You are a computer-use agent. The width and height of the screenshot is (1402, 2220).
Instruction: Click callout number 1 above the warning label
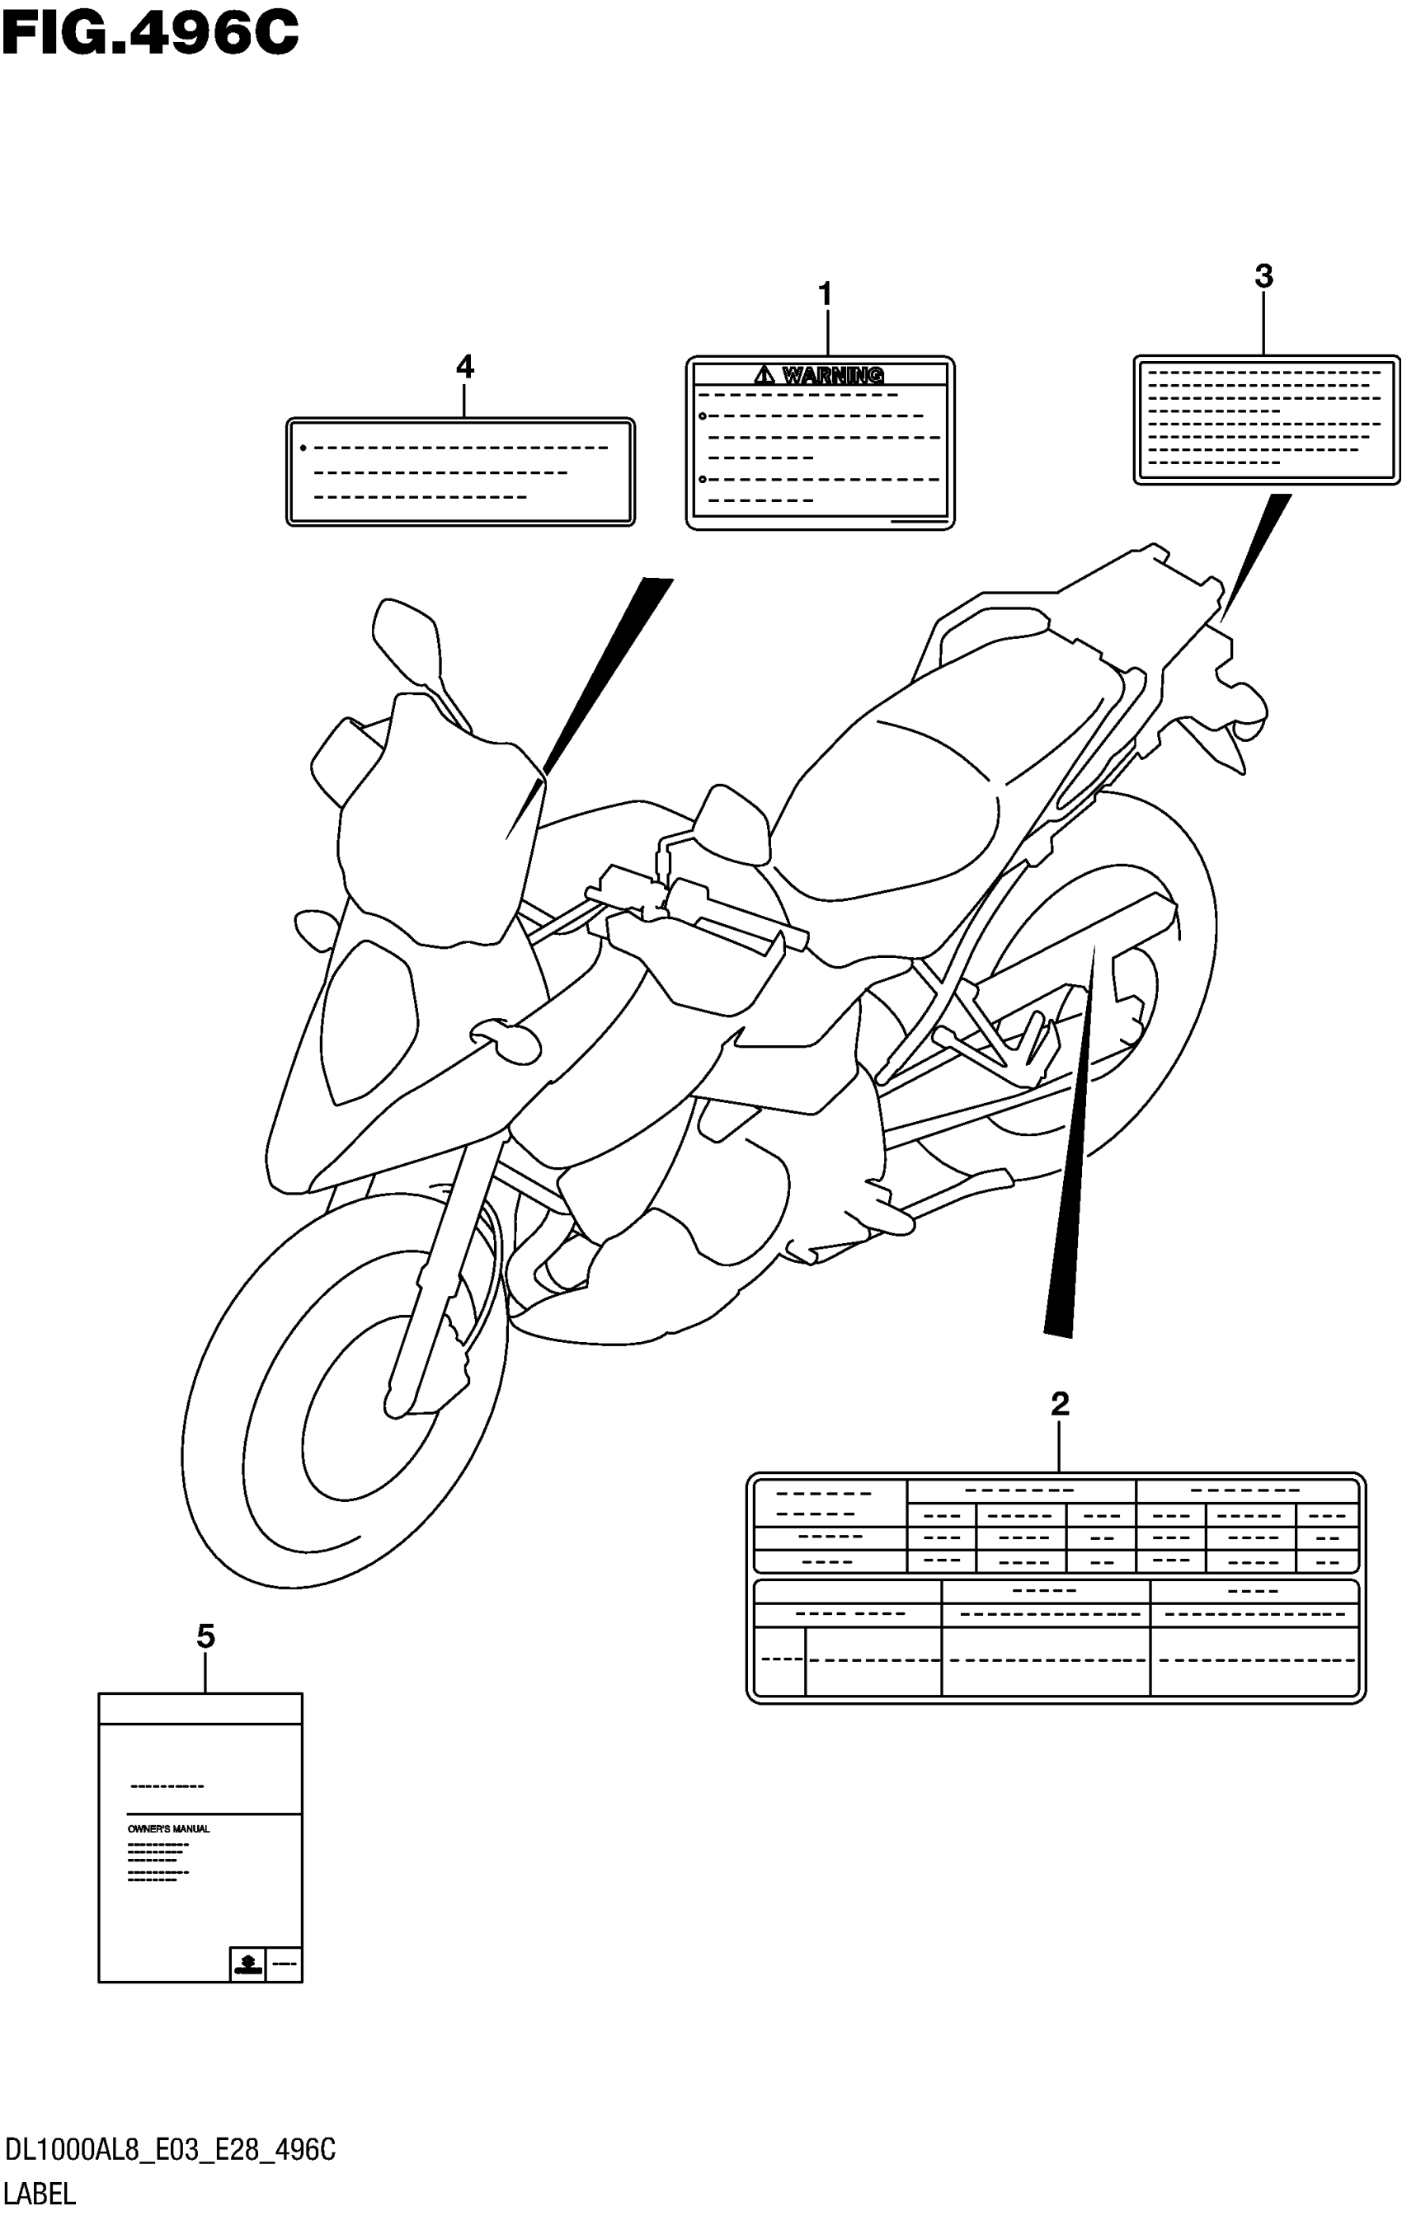tap(826, 295)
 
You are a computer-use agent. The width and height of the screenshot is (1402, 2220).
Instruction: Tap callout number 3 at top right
tap(1263, 275)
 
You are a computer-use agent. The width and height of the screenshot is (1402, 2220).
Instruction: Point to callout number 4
tap(465, 367)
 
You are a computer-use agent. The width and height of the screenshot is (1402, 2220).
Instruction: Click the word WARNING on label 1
tap(833, 375)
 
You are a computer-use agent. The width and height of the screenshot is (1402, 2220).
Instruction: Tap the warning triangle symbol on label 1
tap(765, 375)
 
